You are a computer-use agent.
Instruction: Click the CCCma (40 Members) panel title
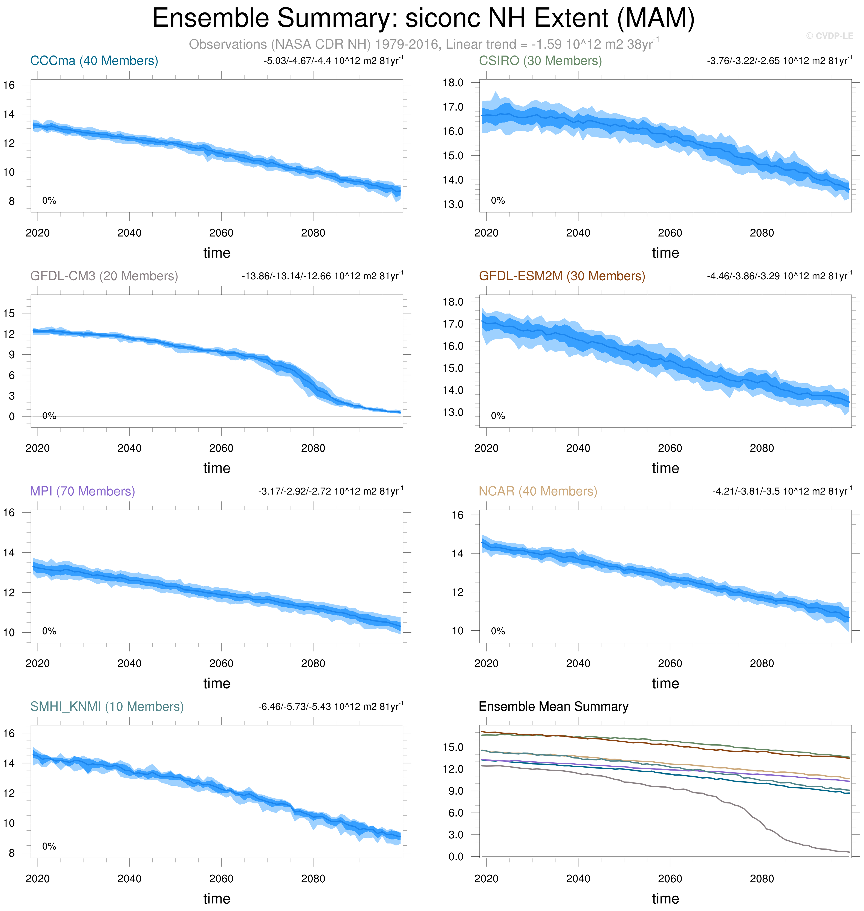tap(94, 61)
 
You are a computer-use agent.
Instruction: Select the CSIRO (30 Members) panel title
tap(540, 61)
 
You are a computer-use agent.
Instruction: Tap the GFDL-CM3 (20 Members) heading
tap(104, 276)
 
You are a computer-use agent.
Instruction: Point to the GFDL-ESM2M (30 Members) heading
tap(562, 276)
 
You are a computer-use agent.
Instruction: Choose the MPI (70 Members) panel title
tap(83, 491)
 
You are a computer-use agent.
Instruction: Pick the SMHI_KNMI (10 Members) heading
tap(107, 706)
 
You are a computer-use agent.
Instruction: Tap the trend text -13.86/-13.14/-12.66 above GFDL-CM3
tap(322, 276)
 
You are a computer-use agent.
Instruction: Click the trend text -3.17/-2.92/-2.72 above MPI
tap(331, 491)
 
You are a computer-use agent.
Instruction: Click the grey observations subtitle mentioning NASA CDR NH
tap(424, 44)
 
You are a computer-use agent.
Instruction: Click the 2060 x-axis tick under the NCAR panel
tap(670, 664)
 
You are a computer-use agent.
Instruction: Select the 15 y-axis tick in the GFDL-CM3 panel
tap(9, 313)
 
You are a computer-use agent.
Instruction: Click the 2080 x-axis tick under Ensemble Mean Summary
tap(762, 879)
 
